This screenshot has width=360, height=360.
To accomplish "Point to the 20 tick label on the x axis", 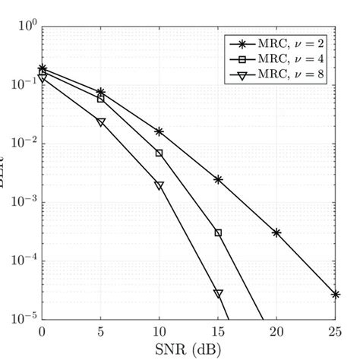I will point(276,332).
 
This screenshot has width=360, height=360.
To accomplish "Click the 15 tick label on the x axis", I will point(218,332).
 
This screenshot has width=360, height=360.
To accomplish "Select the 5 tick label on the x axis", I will point(100,332).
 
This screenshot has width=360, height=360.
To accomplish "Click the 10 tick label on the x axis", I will point(159,332).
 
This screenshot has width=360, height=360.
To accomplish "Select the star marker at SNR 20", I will point(276,233).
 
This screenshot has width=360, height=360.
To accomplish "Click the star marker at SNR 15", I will point(218,179).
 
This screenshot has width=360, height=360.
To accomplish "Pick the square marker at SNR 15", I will point(218,233).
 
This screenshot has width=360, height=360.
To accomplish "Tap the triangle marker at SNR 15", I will point(218,293).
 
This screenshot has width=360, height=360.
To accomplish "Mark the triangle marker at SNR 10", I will point(159,185).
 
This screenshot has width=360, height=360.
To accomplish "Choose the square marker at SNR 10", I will point(159,153).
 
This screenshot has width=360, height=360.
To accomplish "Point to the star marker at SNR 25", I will point(335,294).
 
